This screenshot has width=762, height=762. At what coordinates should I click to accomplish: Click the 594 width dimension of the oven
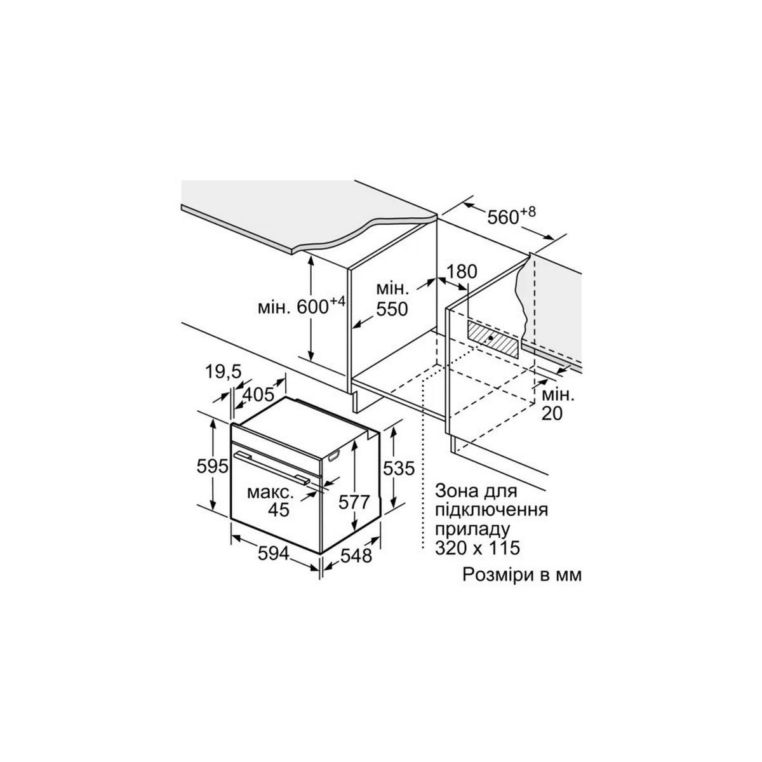coord(273,554)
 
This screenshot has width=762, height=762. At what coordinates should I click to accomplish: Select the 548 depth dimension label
coord(356,556)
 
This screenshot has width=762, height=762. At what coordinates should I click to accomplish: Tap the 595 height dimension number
coord(213,467)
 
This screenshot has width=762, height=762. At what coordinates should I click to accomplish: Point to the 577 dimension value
coord(354,502)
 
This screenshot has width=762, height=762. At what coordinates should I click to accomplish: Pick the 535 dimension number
coord(399,468)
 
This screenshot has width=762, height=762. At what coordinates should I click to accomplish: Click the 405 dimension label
coord(258,394)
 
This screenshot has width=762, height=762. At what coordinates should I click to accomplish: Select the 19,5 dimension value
coord(223,372)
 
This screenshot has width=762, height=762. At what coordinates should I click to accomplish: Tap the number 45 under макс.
coord(279,510)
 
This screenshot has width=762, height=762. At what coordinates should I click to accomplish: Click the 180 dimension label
coord(462,272)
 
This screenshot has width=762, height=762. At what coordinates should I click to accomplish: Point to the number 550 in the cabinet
coord(392,310)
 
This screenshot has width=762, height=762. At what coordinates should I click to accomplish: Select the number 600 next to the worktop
coord(312,307)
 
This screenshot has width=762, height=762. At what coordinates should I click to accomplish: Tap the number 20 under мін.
coord(552,413)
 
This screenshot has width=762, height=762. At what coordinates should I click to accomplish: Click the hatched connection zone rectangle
coord(493,339)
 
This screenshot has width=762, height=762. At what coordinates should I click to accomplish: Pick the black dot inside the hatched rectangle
coord(490,338)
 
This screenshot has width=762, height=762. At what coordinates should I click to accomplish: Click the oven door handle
coord(272,468)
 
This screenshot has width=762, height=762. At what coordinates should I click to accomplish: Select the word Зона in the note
coord(455,491)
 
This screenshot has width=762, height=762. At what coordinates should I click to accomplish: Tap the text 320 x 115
coord(477,548)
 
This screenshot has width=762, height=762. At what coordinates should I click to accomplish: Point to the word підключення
coord(491,511)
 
